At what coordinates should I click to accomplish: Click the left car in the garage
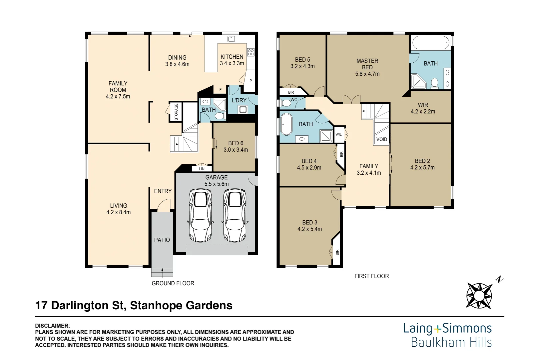(200, 215)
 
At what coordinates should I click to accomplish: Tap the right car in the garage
(235, 215)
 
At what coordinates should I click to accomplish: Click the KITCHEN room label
(232, 57)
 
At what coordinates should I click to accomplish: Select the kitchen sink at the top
(231, 39)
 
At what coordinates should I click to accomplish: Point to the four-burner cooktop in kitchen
(251, 52)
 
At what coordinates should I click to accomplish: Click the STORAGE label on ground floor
(176, 112)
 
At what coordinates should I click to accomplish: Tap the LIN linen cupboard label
(202, 169)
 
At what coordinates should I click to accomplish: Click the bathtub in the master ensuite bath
(430, 43)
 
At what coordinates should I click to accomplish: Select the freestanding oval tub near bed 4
(286, 124)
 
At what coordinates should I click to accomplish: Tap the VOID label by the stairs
(382, 139)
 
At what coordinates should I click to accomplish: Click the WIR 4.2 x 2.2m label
(423, 108)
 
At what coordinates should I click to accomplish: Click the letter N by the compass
(500, 279)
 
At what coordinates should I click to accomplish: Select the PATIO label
(162, 240)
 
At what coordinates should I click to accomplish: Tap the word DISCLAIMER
(52, 326)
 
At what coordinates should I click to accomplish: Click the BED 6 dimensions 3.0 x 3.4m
(236, 150)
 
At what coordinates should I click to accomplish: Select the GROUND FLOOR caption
(173, 283)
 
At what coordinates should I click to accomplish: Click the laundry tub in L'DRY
(243, 109)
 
